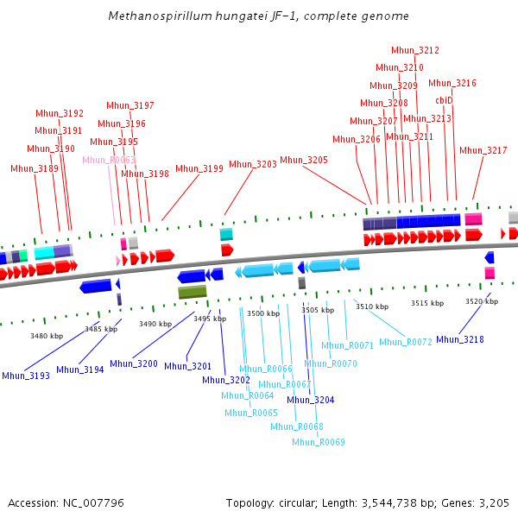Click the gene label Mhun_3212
pyautogui.click(x=415, y=51)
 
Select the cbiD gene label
pyautogui.click(x=444, y=100)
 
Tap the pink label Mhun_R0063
pyautogui.click(x=109, y=160)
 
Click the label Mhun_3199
pyautogui.click(x=199, y=168)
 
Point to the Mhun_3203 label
pyautogui.click(x=252, y=164)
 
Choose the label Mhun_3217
pyautogui.click(x=483, y=150)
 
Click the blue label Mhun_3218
pyautogui.click(x=460, y=339)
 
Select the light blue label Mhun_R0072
pyautogui.click(x=405, y=342)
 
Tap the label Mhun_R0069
pyautogui.click(x=318, y=442)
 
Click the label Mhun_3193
pyautogui.click(x=26, y=376)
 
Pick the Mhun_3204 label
pyautogui.click(x=310, y=400)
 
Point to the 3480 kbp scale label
pyautogui.click(x=47, y=336)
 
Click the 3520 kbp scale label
pyautogui.click(x=482, y=301)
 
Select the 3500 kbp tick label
pyautogui.click(x=263, y=313)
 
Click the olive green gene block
pyautogui.click(x=193, y=293)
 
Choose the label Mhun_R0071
pyautogui.click(x=347, y=345)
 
